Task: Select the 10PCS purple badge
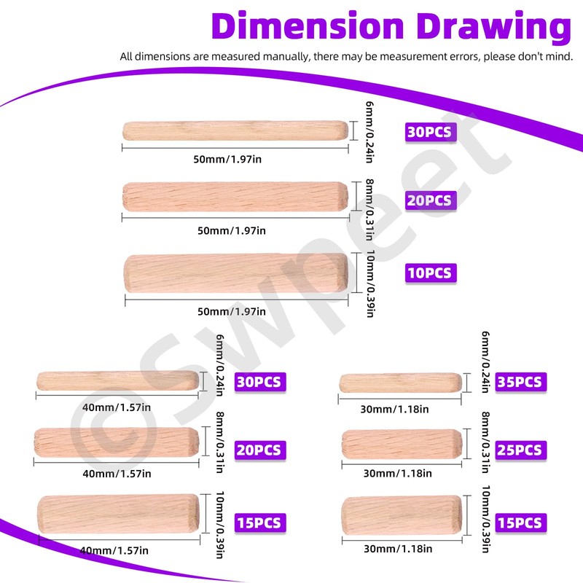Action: [x=430, y=273]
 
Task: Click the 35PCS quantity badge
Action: [x=521, y=381]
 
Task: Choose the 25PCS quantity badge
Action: [x=521, y=449]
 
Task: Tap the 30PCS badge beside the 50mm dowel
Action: [x=430, y=133]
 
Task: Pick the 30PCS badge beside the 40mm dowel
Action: [x=259, y=381]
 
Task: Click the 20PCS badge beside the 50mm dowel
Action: [x=430, y=200]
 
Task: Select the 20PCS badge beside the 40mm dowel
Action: [x=259, y=450]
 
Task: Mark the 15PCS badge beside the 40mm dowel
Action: [x=259, y=523]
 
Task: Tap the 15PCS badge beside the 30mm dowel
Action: [x=521, y=523]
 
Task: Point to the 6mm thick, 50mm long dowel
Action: [x=235, y=130]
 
